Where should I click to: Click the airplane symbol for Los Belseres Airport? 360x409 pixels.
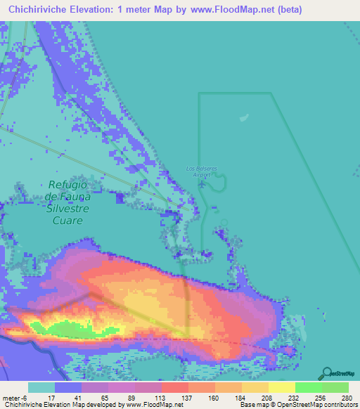(x=202, y=185)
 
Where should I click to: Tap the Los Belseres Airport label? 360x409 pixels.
(x=202, y=171)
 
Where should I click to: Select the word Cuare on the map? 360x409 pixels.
(x=65, y=220)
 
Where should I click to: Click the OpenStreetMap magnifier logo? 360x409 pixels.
(x=327, y=372)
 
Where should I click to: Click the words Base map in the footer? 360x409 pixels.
(x=252, y=405)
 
